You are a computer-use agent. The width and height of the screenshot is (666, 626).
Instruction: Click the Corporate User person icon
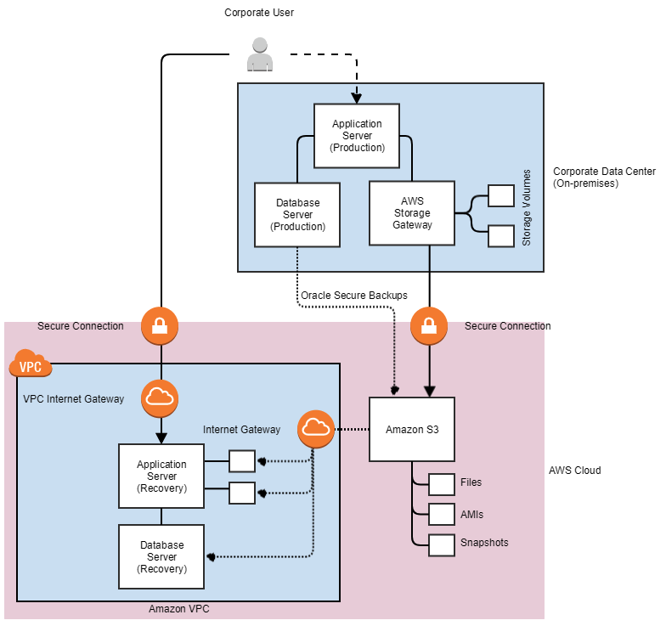pyautogui.click(x=259, y=55)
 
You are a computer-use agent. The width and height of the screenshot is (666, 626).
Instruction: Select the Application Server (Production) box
pyautogui.click(x=357, y=136)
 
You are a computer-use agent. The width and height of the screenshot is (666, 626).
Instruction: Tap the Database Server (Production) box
pyautogui.click(x=297, y=214)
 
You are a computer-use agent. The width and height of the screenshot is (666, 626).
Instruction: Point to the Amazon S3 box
pyautogui.click(x=412, y=430)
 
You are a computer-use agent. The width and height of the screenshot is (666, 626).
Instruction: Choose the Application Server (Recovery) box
pyautogui.click(x=161, y=476)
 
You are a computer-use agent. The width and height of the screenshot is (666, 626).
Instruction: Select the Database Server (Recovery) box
pyautogui.click(x=161, y=556)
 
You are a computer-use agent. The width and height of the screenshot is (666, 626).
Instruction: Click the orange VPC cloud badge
pyautogui.click(x=30, y=367)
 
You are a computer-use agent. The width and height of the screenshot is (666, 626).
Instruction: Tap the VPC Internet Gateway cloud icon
pyautogui.click(x=159, y=397)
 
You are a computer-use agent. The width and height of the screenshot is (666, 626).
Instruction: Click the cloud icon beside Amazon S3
pyautogui.click(x=315, y=428)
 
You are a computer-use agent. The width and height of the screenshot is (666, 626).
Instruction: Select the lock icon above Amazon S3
pyautogui.click(x=428, y=324)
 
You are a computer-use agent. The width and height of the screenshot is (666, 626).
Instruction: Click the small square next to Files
pyautogui.click(x=442, y=484)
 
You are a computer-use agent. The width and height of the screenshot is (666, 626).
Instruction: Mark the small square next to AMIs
pyautogui.click(x=442, y=514)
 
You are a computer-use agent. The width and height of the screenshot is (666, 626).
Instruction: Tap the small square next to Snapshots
pyautogui.click(x=442, y=544)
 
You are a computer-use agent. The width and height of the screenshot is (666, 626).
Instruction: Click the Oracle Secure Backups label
pyautogui.click(x=353, y=296)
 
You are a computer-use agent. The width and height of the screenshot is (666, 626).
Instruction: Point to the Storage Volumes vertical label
pyautogui.click(x=527, y=207)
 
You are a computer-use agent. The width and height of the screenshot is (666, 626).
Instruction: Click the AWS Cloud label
pyautogui.click(x=574, y=471)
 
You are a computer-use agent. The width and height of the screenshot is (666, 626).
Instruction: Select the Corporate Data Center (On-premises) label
pyautogui.click(x=603, y=177)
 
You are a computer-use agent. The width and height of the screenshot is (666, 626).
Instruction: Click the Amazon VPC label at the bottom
pyautogui.click(x=178, y=609)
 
